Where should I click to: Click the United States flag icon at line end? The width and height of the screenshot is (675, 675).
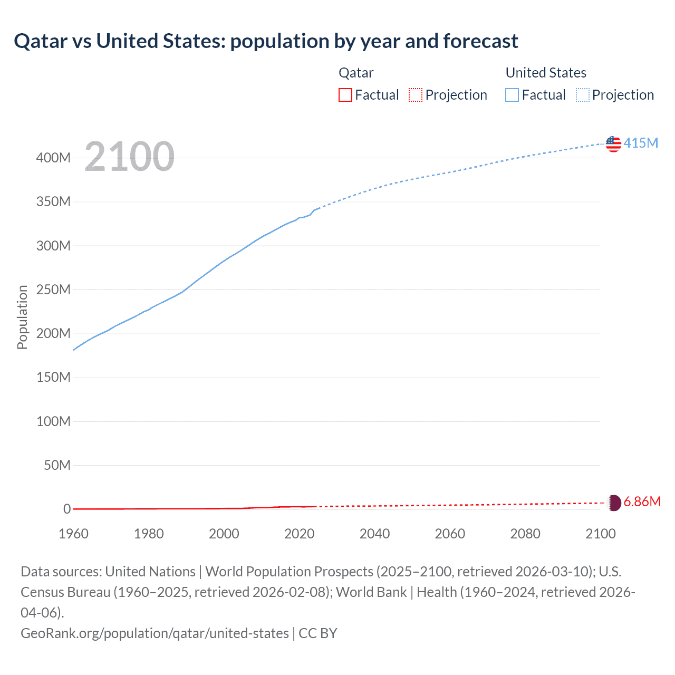click(x=613, y=143)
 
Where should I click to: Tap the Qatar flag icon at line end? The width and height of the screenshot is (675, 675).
click(x=613, y=503)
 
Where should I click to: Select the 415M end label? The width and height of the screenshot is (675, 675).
click(x=641, y=143)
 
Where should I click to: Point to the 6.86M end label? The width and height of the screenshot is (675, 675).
click(x=642, y=502)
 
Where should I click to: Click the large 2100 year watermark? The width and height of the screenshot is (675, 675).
click(x=129, y=157)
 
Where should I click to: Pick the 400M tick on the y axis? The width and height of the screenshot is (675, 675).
click(x=53, y=158)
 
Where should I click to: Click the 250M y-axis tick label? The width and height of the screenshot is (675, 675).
click(x=53, y=290)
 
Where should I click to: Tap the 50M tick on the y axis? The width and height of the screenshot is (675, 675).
click(x=57, y=465)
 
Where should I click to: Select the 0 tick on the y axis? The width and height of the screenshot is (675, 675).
click(x=67, y=509)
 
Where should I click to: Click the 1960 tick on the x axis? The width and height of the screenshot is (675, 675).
click(x=73, y=534)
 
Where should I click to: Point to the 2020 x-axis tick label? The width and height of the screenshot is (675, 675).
click(x=299, y=534)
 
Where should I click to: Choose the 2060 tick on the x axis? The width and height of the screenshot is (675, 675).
click(x=450, y=534)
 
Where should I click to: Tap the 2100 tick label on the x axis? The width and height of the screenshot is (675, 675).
click(x=600, y=534)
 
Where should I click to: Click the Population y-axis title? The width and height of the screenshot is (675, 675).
click(x=22, y=317)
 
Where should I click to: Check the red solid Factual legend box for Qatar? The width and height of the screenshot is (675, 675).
click(x=345, y=95)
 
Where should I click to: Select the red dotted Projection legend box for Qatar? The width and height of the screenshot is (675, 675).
click(x=416, y=95)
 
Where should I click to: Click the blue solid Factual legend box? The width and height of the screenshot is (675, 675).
click(x=512, y=95)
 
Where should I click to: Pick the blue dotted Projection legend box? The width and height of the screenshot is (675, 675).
click(x=583, y=95)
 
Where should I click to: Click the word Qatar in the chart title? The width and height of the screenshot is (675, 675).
click(x=41, y=41)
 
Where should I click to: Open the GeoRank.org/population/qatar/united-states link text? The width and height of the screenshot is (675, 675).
click(x=155, y=633)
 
